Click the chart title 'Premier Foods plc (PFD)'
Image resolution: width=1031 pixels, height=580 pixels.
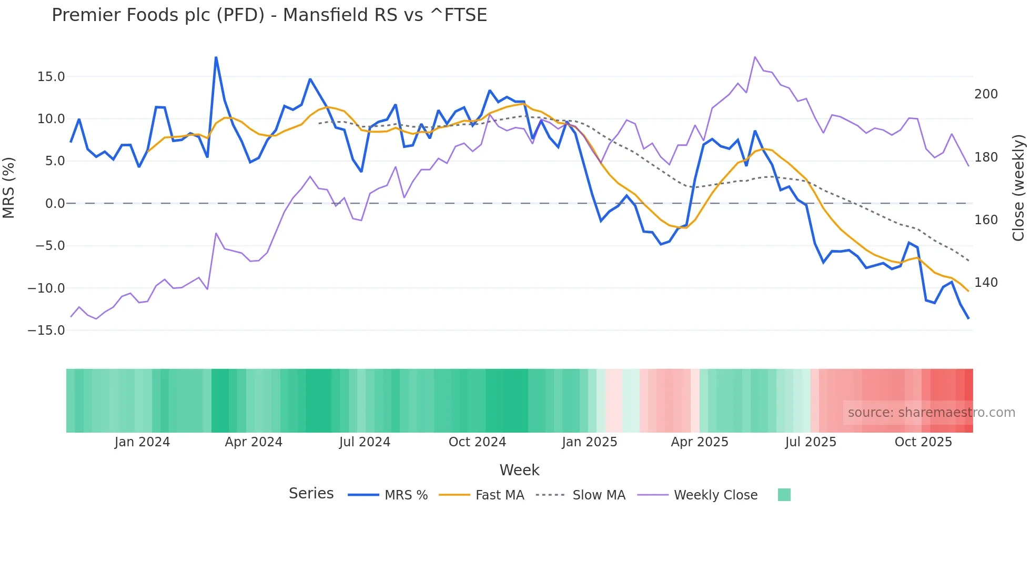[158, 15]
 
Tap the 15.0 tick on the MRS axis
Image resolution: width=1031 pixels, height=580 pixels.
[51, 77]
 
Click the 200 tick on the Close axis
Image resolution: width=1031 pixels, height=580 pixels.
[986, 94]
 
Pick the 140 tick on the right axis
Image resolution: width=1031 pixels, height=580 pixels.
[986, 283]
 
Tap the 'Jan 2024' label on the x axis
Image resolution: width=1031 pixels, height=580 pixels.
[142, 442]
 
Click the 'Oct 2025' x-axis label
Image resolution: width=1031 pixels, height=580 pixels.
[923, 442]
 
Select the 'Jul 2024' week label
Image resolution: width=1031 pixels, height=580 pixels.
[365, 442]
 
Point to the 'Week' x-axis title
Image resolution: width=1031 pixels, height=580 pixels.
[519, 470]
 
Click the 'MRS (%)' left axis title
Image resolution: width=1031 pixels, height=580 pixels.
[8, 188]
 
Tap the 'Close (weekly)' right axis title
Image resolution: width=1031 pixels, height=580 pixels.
[1018, 188]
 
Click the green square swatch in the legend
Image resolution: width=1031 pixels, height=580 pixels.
[784, 495]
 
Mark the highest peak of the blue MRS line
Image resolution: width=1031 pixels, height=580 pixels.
[216, 57]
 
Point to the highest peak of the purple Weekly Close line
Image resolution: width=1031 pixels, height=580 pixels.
[755, 57]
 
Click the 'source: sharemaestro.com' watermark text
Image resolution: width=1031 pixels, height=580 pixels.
[931, 413]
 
